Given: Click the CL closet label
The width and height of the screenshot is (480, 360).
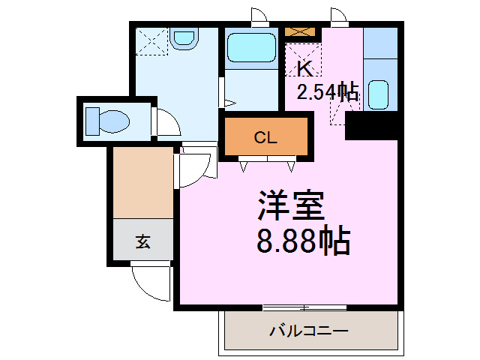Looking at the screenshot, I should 265,137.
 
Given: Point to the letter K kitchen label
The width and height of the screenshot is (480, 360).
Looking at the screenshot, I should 304,68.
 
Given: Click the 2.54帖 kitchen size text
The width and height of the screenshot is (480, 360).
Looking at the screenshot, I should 327,92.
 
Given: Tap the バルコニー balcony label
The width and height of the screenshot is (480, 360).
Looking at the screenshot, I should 308,331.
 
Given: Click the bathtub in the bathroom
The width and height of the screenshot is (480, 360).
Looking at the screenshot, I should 252,48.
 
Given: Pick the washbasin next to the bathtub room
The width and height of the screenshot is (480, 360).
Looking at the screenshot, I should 183,37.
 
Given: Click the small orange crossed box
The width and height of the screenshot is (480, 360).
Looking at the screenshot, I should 302,33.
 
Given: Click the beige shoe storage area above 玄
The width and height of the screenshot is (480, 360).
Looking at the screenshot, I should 143,183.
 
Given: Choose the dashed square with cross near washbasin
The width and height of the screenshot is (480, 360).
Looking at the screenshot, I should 152,42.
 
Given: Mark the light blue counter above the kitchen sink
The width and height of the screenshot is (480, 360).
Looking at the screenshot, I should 379,45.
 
